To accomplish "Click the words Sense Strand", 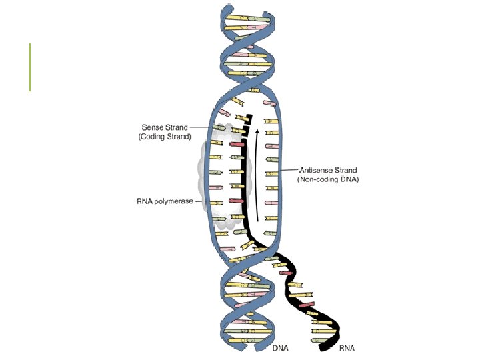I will pyautogui.click(x=165, y=126).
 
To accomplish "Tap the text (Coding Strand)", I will pyautogui.click(x=165, y=136).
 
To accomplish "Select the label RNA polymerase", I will pyautogui.click(x=164, y=200).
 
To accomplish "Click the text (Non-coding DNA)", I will pyautogui.click(x=328, y=179).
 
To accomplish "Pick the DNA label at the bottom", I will pyautogui.click(x=280, y=348).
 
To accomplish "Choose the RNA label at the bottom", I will pyautogui.click(x=347, y=348).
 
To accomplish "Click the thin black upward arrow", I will pyautogui.click(x=257, y=180).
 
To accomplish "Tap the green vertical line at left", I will pyautogui.click(x=30, y=67).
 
